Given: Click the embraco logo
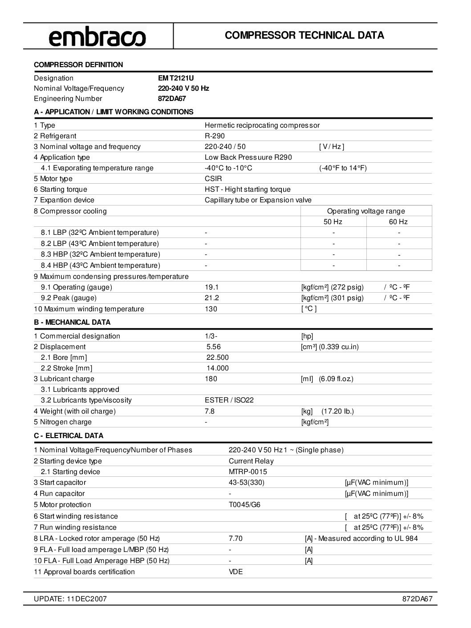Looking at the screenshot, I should point(97,36).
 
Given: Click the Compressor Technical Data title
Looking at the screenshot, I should point(305,35).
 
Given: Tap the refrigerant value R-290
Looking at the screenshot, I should point(215,136).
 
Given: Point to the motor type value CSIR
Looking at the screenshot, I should point(213,179).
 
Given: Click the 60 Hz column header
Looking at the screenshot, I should point(398,222).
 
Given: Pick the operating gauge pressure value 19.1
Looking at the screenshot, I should point(211,287).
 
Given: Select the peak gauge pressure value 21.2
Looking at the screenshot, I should point(211,298).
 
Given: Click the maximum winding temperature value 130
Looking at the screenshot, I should point(211,309).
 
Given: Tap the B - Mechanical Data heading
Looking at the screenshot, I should point(72,322).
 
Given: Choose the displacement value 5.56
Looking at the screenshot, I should point(214,347).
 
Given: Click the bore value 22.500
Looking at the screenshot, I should point(218,358).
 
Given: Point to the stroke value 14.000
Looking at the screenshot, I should point(218,368).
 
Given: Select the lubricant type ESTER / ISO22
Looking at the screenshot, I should point(229,400).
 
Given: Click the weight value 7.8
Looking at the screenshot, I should point(210,411).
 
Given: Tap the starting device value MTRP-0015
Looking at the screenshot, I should point(248,472).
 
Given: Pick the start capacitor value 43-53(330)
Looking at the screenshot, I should point(247,483).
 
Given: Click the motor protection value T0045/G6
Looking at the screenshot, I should point(244,505).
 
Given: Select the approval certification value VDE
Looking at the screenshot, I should point(236,572).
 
